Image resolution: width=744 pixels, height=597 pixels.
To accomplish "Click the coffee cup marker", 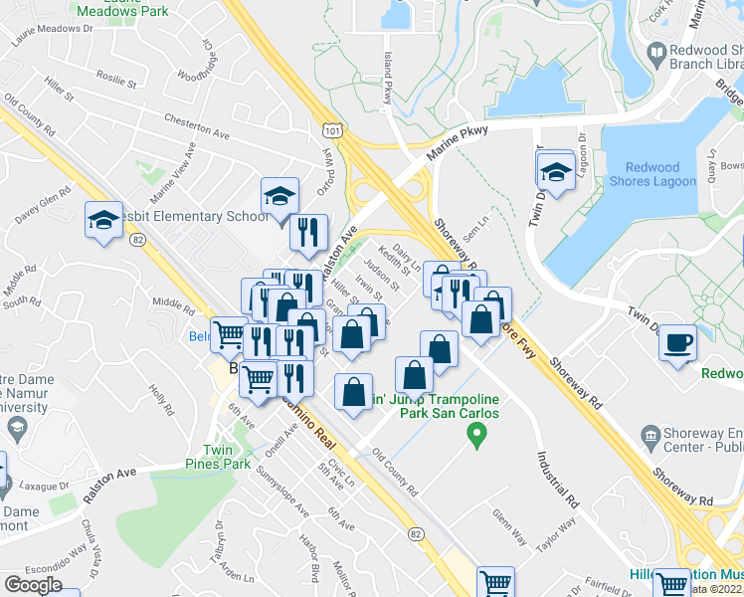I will (x=679, y=343).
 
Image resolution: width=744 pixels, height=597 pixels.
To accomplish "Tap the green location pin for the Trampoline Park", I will (x=477, y=434).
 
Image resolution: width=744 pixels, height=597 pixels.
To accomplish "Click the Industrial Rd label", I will (x=558, y=478).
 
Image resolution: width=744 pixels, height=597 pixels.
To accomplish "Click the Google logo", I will (x=33, y=585).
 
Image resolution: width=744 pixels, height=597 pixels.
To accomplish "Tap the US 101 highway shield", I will (x=332, y=130).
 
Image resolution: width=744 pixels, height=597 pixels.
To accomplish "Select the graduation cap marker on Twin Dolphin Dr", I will (x=556, y=172).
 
